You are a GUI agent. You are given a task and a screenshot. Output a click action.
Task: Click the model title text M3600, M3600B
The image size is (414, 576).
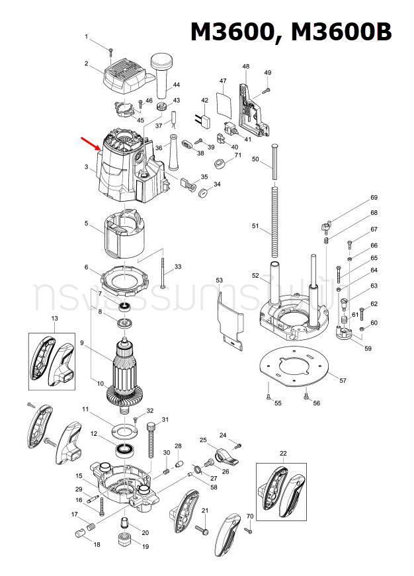(x=291, y=32)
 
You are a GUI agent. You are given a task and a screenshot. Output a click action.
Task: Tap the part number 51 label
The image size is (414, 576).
(x=255, y=226)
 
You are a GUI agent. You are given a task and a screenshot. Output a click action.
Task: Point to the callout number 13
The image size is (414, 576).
(x=54, y=319)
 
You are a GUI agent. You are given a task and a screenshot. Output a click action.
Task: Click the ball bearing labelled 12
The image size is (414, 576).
(x=124, y=450)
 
